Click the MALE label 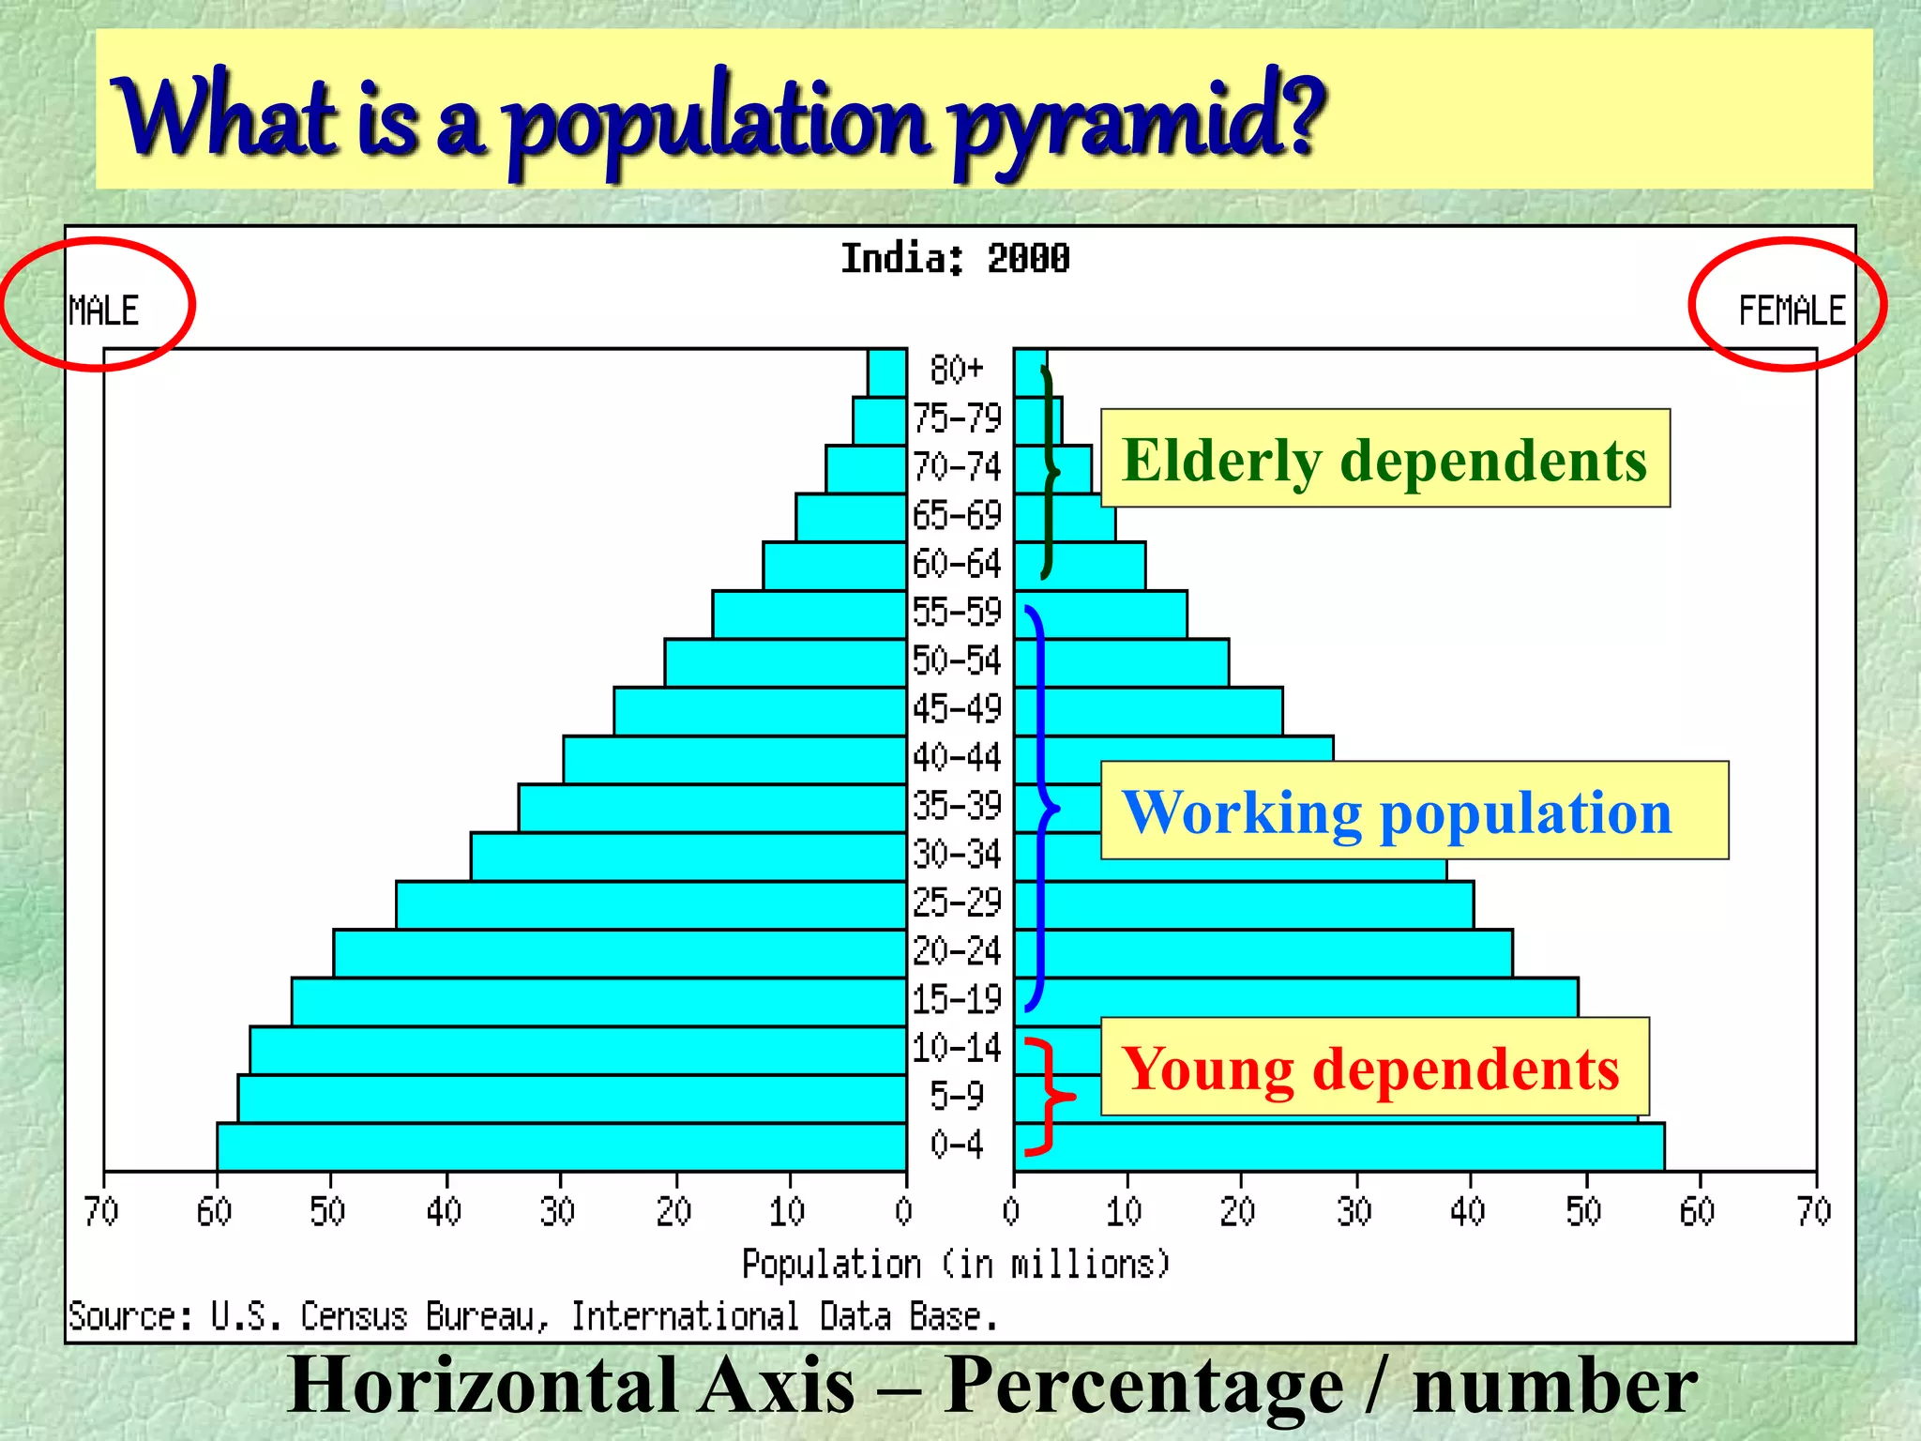click(103, 311)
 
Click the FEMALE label click(1791, 311)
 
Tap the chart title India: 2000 click(954, 258)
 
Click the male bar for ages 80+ click(887, 372)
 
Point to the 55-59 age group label click(957, 613)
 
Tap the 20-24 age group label click(957, 951)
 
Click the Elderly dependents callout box click(1384, 459)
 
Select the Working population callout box click(1414, 811)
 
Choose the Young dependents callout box click(1374, 1067)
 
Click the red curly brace click(1046, 1095)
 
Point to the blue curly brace click(1040, 807)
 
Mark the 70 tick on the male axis click(101, 1211)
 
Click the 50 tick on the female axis click(1584, 1211)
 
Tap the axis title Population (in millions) click(956, 1265)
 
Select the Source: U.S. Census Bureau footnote click(532, 1316)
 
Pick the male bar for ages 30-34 click(688, 857)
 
